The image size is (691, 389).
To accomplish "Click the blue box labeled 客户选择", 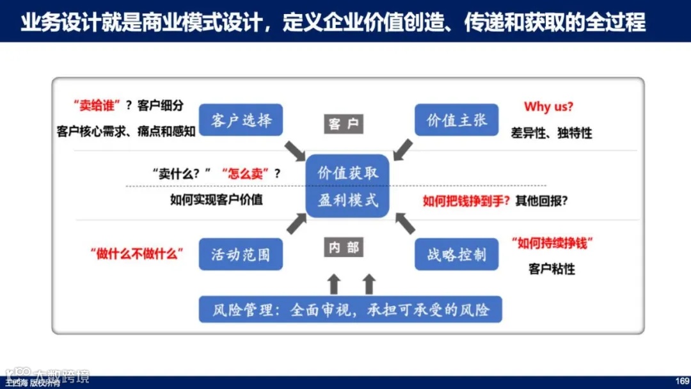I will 241,120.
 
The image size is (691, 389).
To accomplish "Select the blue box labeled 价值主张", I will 456,120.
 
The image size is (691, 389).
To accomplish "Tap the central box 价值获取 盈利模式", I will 348,186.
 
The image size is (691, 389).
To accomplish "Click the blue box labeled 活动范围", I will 241,254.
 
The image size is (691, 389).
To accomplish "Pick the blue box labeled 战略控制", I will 456,254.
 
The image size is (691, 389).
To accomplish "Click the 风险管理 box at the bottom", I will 350,310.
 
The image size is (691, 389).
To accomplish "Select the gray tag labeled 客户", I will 343,123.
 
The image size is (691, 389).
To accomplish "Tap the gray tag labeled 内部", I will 344,247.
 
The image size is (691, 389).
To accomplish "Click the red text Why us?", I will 548,106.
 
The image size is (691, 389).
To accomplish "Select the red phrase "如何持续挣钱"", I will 553,243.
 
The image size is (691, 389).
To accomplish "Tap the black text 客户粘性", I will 552,269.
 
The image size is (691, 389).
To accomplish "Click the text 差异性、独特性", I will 551,133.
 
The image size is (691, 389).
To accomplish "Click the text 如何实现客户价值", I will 216,199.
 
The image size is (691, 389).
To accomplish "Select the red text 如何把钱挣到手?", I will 466,200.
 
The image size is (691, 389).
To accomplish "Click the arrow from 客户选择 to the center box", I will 295,152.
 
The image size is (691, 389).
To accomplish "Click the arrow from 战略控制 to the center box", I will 404,223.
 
